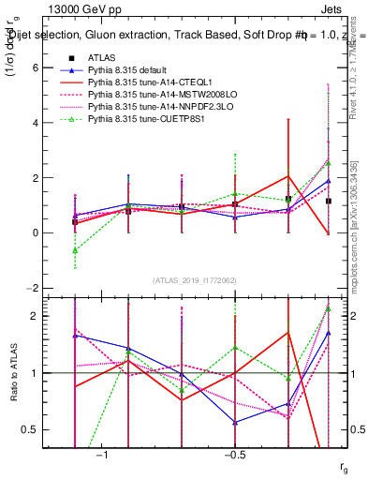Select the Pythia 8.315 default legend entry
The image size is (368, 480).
131,70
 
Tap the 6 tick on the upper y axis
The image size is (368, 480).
60,68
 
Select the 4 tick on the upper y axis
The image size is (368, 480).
60,123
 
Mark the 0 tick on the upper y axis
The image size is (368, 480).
60,232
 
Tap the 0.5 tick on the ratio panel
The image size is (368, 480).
55,429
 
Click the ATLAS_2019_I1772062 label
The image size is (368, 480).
195,281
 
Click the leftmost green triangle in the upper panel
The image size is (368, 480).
75,250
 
